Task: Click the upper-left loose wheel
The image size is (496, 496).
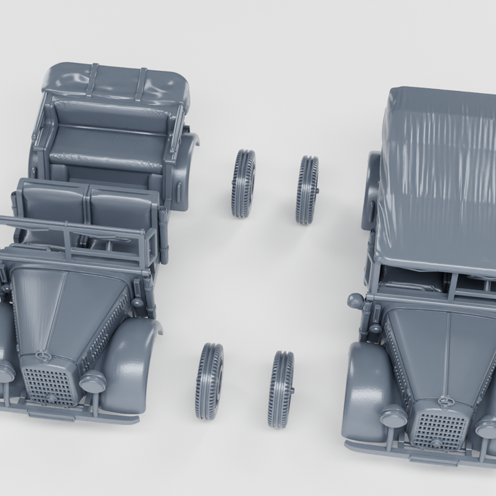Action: (243, 183)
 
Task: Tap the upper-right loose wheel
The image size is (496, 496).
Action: (307, 189)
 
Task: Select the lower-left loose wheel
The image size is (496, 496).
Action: (209, 381)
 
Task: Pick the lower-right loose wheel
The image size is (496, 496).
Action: (280, 389)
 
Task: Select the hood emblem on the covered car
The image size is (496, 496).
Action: (445, 400)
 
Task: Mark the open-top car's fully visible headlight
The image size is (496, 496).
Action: (92, 381)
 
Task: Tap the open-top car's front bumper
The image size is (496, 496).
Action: (69, 412)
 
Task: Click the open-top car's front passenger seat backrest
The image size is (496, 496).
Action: (121, 207)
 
